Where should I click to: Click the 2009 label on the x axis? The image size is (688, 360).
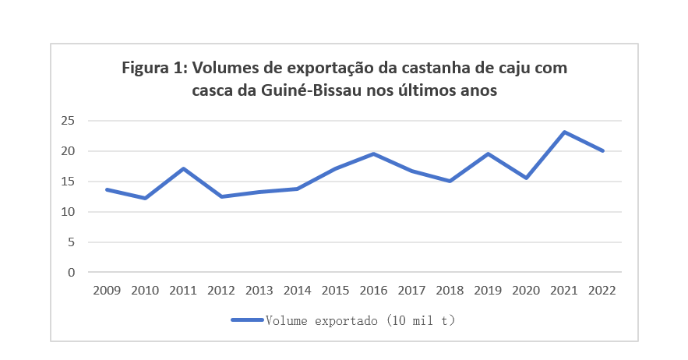[x=107, y=290]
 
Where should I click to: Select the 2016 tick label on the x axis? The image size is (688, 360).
[x=373, y=290]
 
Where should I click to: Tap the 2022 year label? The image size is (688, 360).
[x=602, y=290]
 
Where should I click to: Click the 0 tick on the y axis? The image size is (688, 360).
[x=71, y=273]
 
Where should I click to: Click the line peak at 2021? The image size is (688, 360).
[x=564, y=132]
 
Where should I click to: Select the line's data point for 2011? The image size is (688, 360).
[x=183, y=168]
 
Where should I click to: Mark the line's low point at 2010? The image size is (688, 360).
[x=145, y=198]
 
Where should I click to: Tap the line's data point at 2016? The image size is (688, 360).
[x=373, y=154]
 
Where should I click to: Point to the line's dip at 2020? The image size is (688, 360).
[x=526, y=178]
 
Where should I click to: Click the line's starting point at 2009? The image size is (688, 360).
[x=107, y=189]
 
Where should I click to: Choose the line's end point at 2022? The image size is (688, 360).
[x=602, y=150]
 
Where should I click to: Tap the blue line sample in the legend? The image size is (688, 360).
[x=247, y=320]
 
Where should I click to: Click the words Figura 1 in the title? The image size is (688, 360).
[x=153, y=68]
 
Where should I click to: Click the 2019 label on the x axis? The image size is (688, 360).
[x=488, y=290]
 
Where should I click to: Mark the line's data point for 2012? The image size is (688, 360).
[x=221, y=196]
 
